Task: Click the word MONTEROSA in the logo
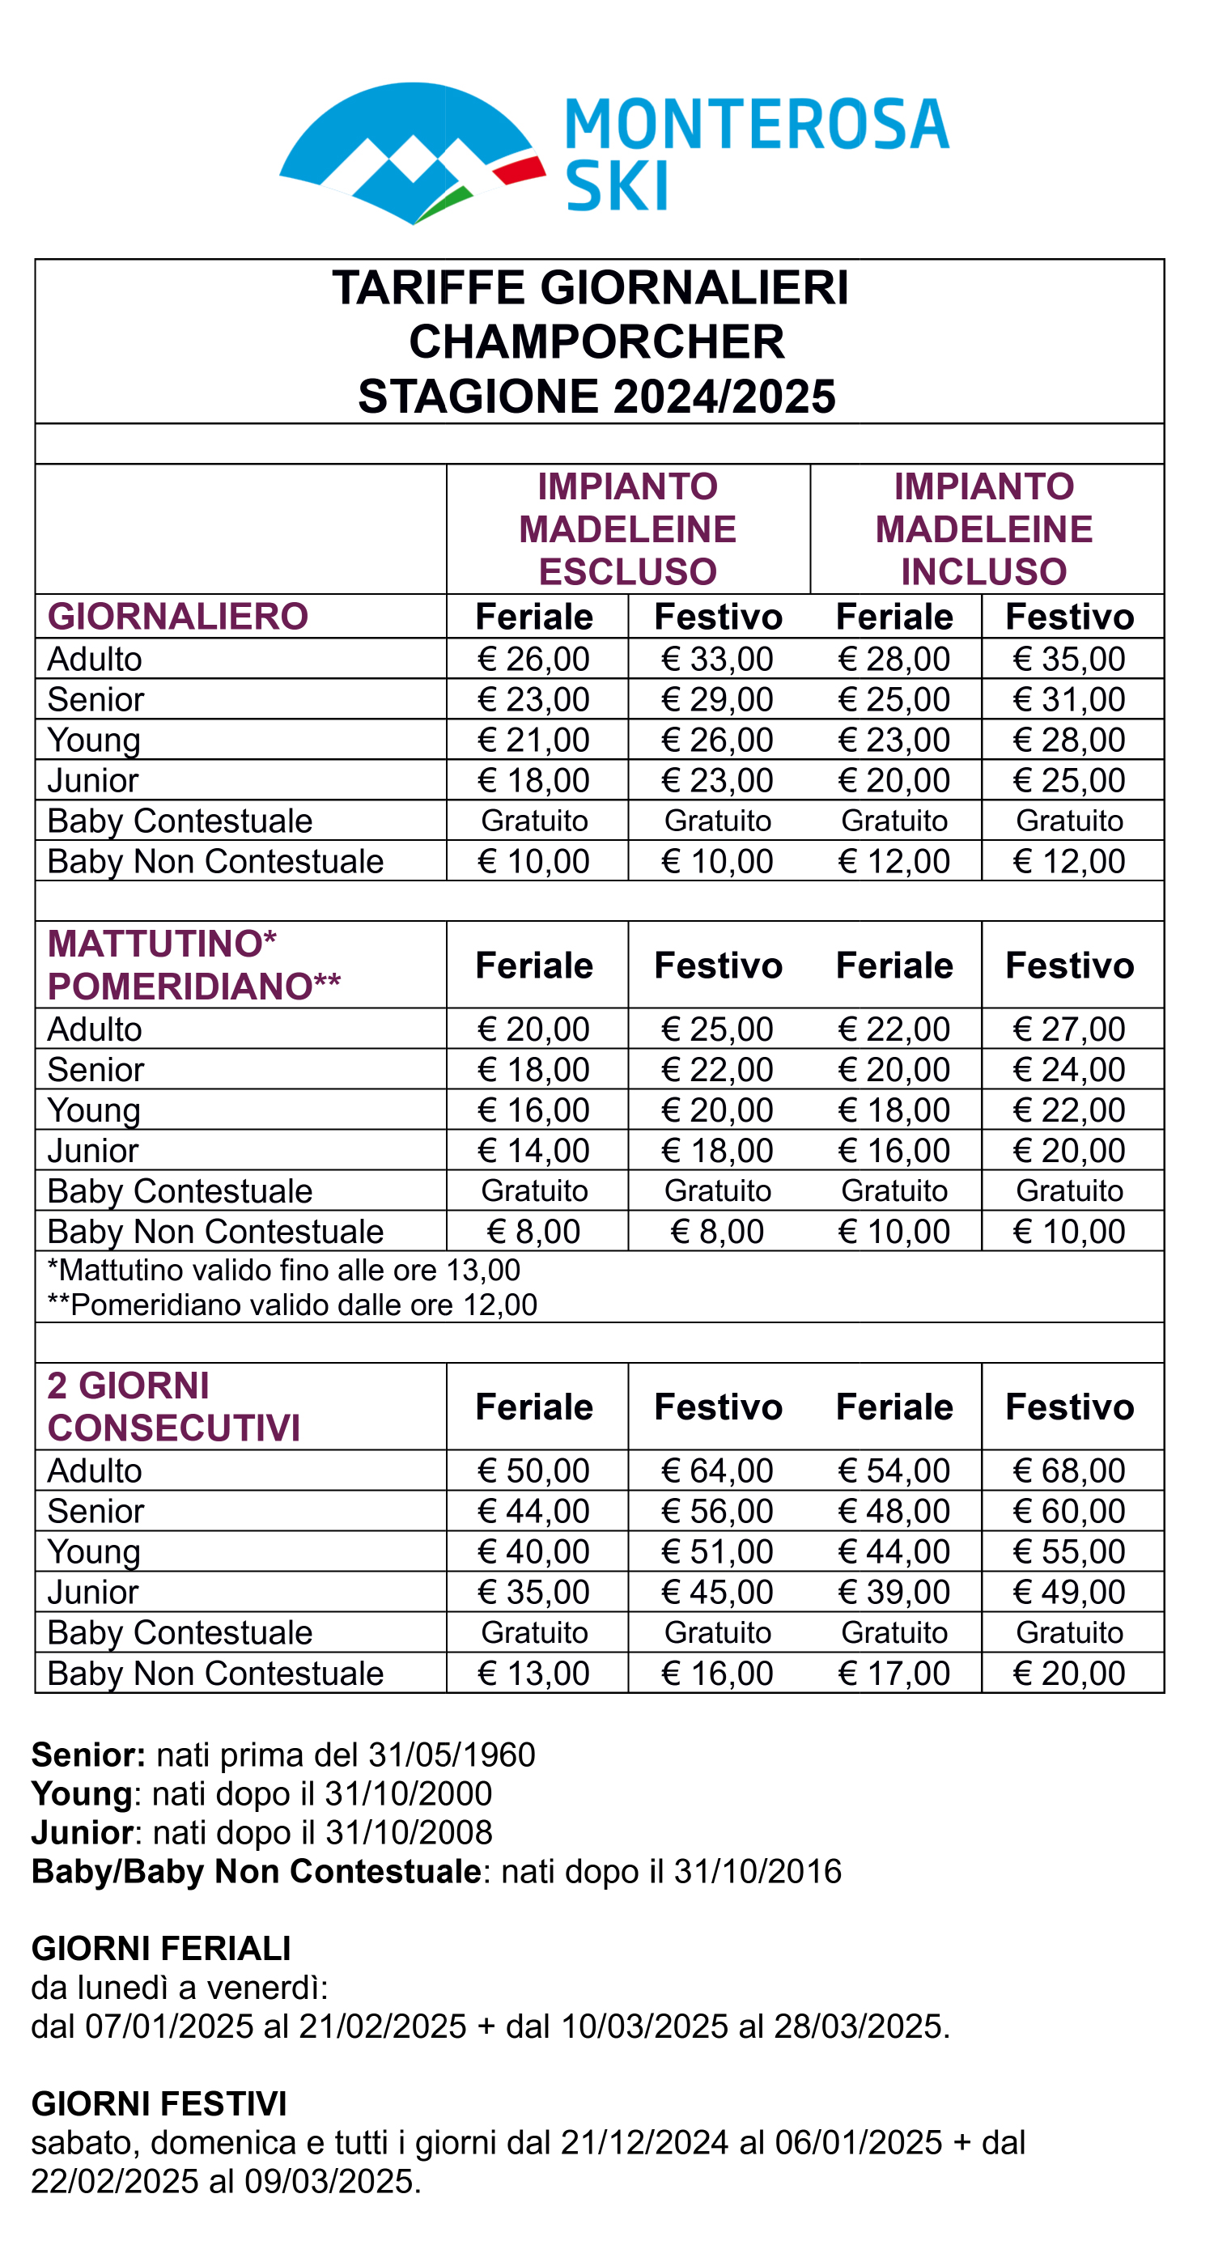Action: point(757,124)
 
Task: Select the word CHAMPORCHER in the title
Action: point(596,342)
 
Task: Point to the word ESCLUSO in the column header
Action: point(627,572)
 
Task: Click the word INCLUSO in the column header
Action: point(983,572)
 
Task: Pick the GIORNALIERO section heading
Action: point(178,617)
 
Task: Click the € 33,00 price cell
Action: point(717,659)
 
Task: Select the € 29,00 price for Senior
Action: point(717,699)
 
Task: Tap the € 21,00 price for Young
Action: point(534,740)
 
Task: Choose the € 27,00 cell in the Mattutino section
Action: point(1069,1029)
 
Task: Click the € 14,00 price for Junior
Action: point(534,1151)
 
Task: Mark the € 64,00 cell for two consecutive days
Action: point(717,1470)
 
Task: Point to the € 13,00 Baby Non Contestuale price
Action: point(534,1673)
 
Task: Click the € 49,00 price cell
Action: point(1069,1592)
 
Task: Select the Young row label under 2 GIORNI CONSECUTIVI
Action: point(94,1551)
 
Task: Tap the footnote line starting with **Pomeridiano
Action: point(292,1305)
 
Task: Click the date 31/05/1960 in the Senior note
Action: point(452,1755)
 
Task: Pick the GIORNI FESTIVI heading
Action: point(159,2104)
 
